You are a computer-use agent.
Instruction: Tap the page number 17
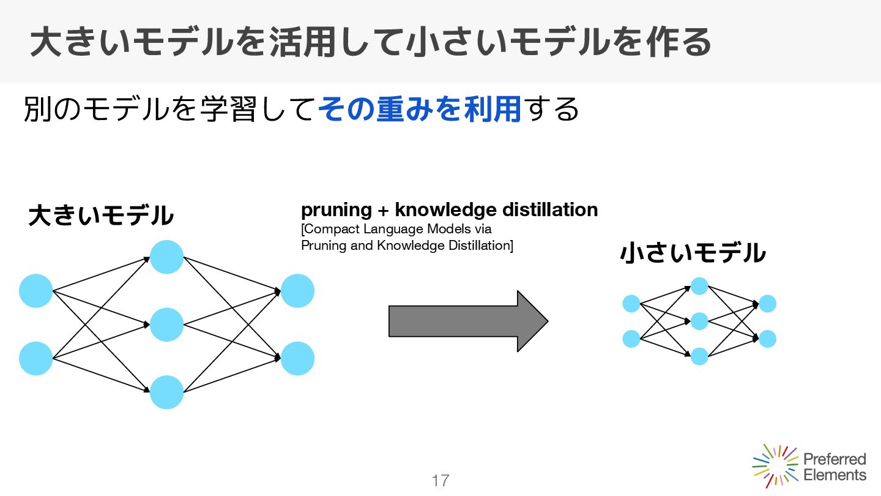440,481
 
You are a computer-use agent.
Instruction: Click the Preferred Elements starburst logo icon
775,466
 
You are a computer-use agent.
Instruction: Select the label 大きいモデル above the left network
101,216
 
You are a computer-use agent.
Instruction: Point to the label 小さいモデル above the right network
693,253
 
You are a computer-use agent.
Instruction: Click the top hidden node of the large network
166,257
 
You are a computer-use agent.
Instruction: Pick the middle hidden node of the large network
166,325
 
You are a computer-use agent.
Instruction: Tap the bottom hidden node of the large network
166,392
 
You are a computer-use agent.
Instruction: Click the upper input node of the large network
36,291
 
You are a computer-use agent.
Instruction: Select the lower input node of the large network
36,358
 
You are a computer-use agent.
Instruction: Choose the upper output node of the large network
297,291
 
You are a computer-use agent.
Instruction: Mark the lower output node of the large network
297,358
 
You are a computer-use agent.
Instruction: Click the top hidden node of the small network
699,286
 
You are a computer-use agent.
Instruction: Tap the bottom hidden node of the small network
699,356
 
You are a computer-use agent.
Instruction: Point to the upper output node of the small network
767,304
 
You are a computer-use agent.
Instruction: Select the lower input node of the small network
631,339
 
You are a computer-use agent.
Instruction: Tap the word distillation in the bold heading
549,210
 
